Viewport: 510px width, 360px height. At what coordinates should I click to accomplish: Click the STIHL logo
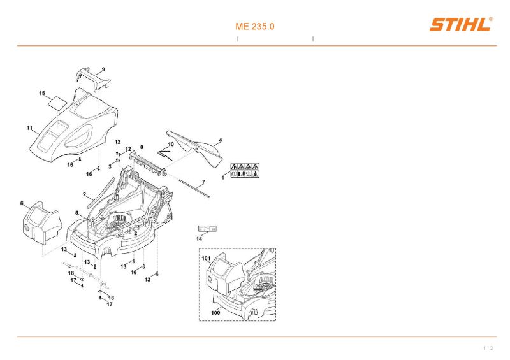point(460,25)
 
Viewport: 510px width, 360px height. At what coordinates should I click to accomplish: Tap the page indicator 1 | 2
point(488,348)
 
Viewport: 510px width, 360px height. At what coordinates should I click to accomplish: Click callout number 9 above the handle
point(103,69)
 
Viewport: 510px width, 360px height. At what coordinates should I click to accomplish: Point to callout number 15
point(42,93)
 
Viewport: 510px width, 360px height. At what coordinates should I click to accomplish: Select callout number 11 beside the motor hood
point(29,128)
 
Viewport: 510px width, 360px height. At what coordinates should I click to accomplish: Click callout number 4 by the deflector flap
point(220,140)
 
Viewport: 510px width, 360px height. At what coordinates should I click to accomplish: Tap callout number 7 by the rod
point(203,182)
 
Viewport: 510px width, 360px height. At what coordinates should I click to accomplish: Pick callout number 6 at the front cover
point(22,203)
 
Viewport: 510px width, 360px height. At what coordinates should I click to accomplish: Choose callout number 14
point(199,239)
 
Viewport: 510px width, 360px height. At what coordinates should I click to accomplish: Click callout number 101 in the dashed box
point(206,259)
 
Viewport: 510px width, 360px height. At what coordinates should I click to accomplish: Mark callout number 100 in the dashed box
point(215,313)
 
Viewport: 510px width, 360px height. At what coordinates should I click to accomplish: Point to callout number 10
point(171,145)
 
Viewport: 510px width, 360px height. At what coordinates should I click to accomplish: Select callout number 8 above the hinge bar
point(141,147)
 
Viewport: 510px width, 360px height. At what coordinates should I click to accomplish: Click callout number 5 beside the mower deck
point(76,212)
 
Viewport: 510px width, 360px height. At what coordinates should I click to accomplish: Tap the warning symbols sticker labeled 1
point(244,169)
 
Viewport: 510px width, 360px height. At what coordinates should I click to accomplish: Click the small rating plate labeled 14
point(207,227)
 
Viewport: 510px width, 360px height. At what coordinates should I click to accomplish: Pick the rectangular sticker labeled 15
point(58,101)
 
